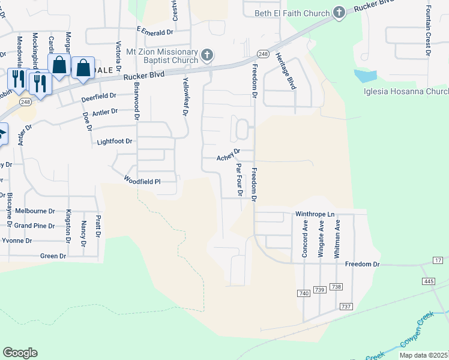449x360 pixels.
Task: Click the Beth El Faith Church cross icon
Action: coord(339,13)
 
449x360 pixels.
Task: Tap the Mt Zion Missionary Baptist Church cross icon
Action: coord(207,56)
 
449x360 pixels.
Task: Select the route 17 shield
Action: coord(438,259)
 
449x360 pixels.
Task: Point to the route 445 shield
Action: coord(428,281)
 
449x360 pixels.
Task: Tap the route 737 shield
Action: coord(345,307)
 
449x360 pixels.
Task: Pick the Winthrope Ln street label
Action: coord(315,214)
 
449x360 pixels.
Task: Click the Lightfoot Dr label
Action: coord(114,142)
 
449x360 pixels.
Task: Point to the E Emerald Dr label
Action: coord(155,30)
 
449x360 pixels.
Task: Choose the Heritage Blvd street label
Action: coord(286,71)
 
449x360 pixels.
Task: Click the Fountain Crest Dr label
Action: coord(428,31)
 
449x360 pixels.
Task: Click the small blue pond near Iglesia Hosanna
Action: coord(366,76)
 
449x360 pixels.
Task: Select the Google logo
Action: coord(20,352)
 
